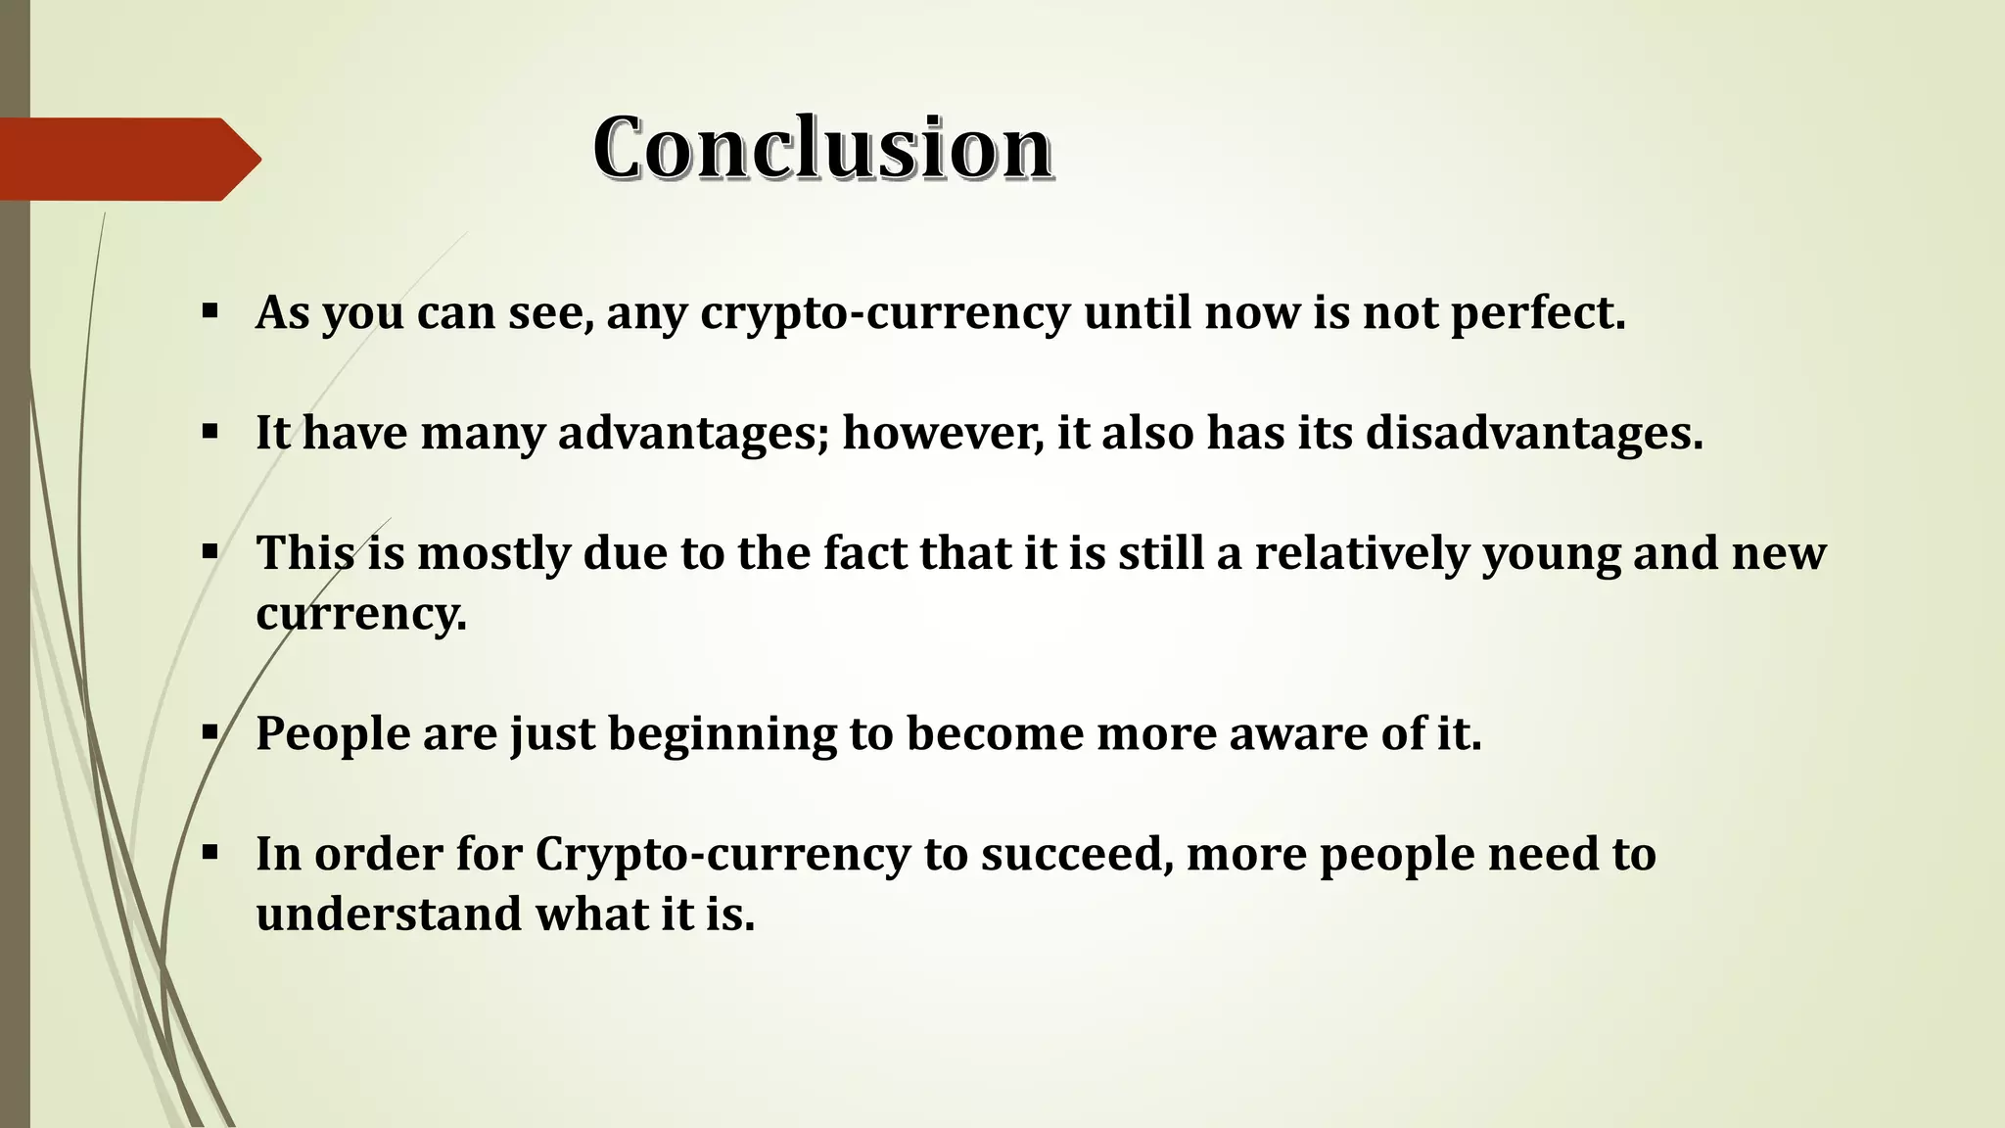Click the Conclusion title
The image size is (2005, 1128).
coord(822,148)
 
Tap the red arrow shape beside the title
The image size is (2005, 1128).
coord(127,160)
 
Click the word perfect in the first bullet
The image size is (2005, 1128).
coord(1537,313)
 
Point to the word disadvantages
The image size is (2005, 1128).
coord(1534,433)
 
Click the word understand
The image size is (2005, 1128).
coord(389,915)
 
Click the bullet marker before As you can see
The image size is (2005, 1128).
coord(210,312)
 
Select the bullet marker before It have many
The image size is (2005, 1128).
coord(210,432)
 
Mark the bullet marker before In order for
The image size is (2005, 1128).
coord(210,853)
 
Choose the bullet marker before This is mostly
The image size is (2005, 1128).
coord(210,552)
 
